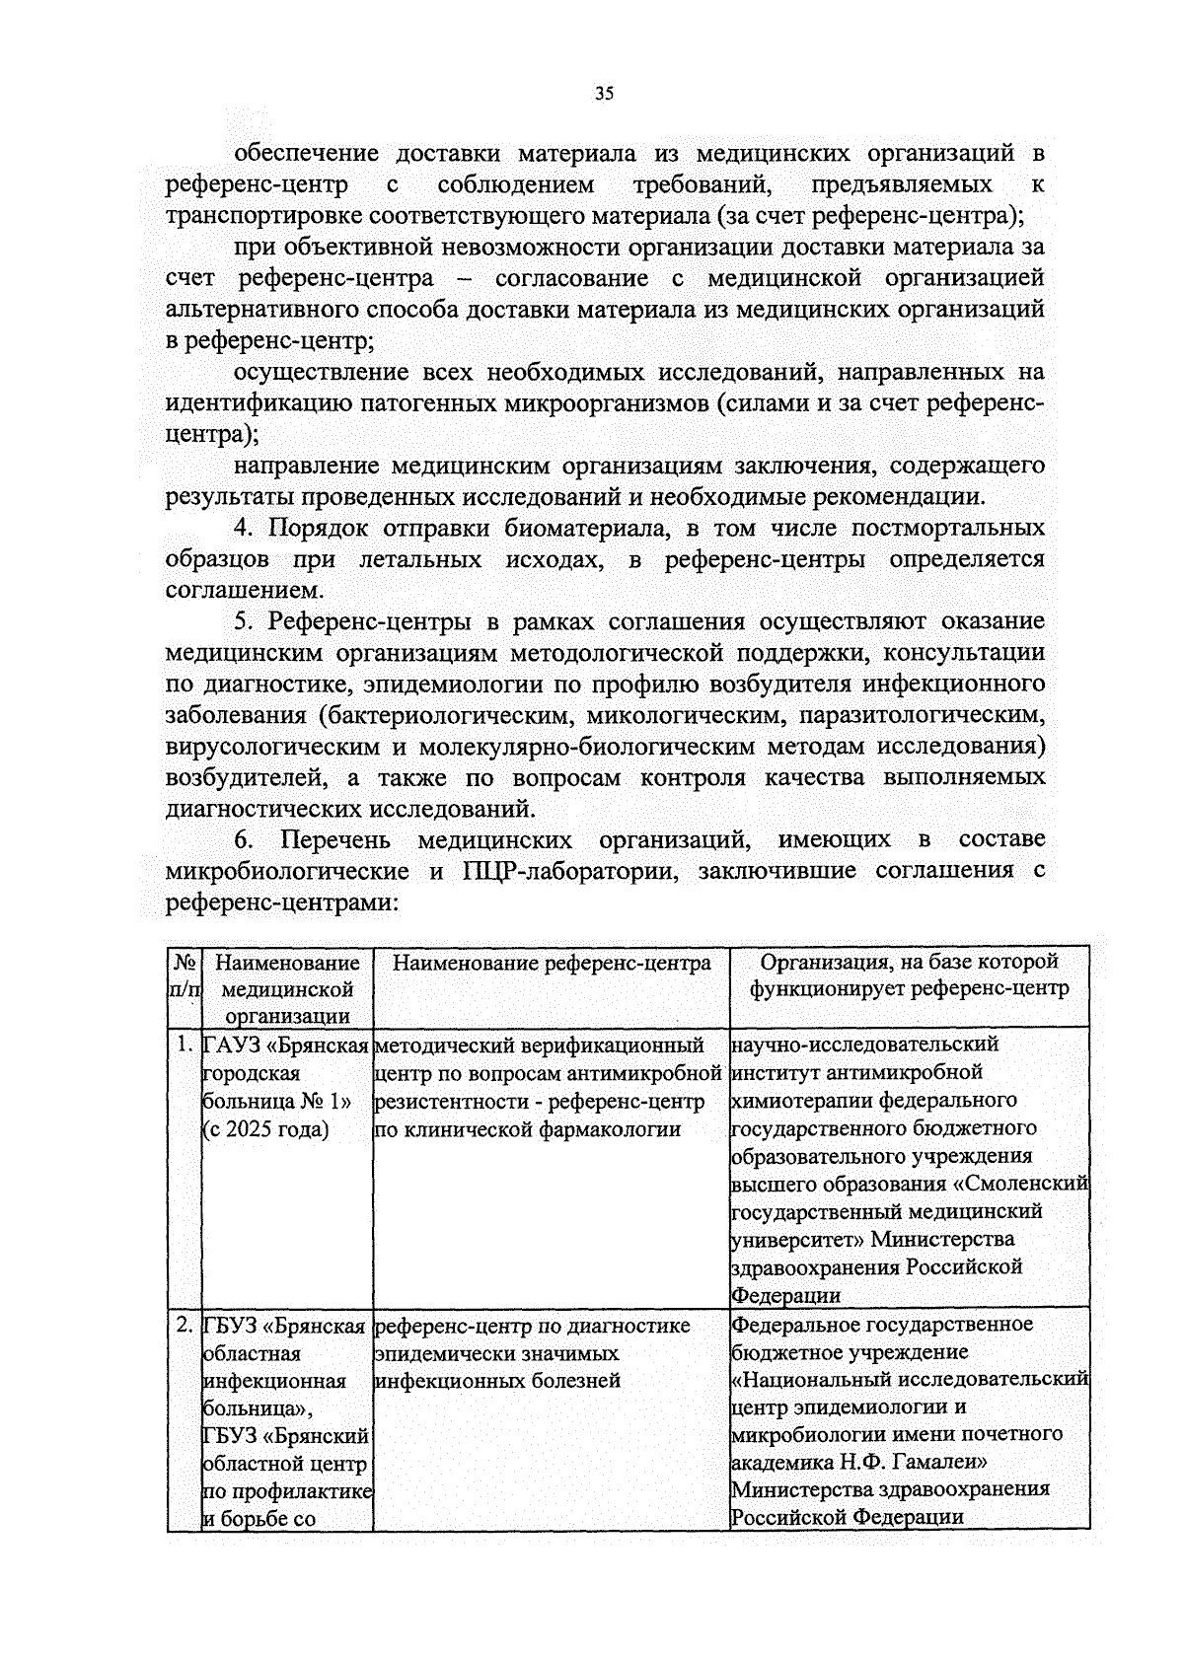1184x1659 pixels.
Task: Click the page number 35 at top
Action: (604, 95)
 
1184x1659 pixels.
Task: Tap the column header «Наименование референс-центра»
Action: (552, 963)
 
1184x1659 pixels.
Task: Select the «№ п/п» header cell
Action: (184, 974)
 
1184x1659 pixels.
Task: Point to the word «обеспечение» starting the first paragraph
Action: (307, 154)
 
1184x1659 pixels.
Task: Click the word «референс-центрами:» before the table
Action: (283, 902)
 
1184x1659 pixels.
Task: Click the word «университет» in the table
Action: (794, 1239)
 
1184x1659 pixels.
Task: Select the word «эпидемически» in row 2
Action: (436, 1352)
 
